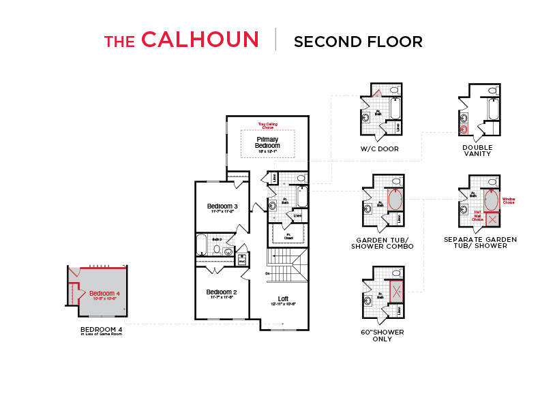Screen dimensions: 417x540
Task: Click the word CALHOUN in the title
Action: pyautogui.click(x=200, y=40)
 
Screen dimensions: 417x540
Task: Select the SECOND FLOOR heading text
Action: pyautogui.click(x=358, y=42)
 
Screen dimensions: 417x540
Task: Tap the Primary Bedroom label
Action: pyautogui.click(x=267, y=142)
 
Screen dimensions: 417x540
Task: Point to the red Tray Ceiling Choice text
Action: pyautogui.click(x=267, y=126)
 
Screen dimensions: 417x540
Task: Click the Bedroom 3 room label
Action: pyautogui.click(x=222, y=208)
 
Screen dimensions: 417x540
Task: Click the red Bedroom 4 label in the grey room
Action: pyautogui.click(x=104, y=294)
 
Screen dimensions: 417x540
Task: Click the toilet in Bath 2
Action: pyautogui.click(x=217, y=249)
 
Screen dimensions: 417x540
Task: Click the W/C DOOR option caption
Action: pyautogui.click(x=380, y=149)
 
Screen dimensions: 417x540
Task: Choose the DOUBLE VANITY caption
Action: pyautogui.click(x=477, y=151)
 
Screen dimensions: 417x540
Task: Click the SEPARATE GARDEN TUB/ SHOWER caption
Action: pyautogui.click(x=480, y=243)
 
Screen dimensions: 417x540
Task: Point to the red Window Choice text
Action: pyautogui.click(x=509, y=200)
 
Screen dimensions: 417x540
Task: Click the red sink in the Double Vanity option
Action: pyautogui.click(x=465, y=127)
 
